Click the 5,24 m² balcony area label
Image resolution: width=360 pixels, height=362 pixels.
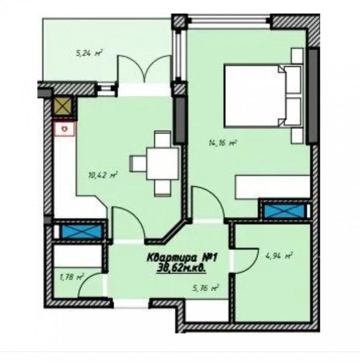click(89, 53)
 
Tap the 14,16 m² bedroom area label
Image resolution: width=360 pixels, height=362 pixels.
click(223, 143)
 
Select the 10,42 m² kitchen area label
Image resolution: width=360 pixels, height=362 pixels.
click(103, 175)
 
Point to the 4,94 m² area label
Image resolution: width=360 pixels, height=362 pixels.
click(279, 256)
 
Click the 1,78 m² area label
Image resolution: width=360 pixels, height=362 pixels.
click(72, 277)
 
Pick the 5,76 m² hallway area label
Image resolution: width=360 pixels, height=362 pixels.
click(206, 288)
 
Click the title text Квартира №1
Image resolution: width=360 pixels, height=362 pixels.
click(182, 258)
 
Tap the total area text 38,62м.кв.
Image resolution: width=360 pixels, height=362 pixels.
click(181, 268)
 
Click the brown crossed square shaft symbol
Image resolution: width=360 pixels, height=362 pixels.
click(62, 106)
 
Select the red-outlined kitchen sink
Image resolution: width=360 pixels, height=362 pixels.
click(65, 129)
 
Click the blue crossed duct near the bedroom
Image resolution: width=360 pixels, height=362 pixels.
click(284, 211)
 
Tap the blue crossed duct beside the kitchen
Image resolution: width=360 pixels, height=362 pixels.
click(82, 231)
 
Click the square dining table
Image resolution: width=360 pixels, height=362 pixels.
click(163, 163)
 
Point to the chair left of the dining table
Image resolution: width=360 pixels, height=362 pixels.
click(138, 163)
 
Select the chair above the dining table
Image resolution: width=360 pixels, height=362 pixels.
click(163, 140)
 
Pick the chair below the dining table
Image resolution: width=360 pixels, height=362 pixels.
click(163, 187)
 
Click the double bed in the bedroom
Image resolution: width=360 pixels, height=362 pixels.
click(263, 96)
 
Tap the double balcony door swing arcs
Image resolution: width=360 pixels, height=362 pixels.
click(145, 69)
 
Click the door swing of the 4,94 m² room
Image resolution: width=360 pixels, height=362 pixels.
click(246, 261)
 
